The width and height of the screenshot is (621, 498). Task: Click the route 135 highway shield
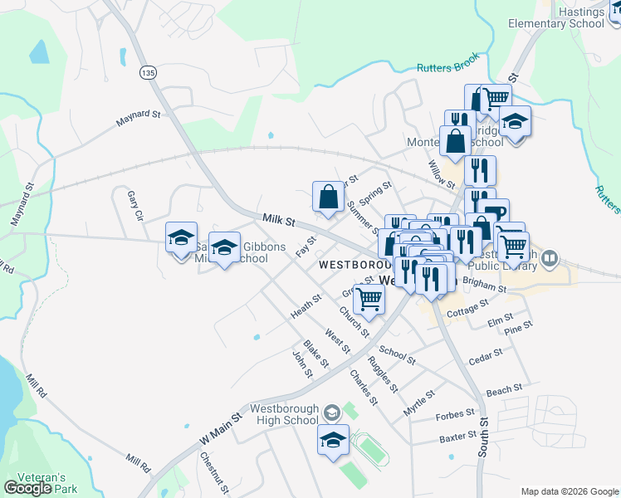pos(148,74)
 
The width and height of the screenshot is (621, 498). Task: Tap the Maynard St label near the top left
pos(137,118)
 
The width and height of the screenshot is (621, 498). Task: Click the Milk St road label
pos(279,220)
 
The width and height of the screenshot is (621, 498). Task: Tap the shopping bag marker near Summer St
pos(329,198)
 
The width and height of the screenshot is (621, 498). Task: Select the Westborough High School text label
pos(283,414)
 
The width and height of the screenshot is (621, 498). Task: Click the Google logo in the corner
pos(27,488)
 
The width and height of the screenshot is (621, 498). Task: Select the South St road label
pos(483,445)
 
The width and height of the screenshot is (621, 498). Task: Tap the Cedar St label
pos(486,358)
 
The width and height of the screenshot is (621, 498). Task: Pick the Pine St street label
pos(517,330)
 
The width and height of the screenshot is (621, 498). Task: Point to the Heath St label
pos(306,306)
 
